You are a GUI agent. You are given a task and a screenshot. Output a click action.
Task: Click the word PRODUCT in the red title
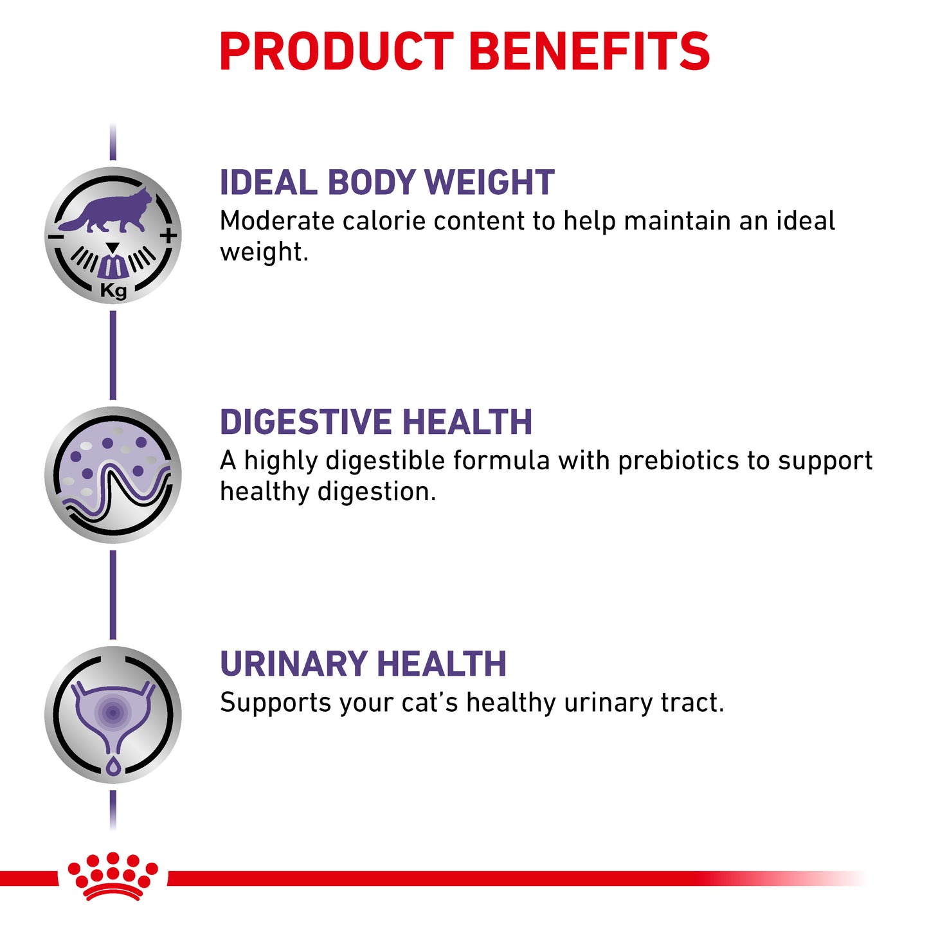(336, 51)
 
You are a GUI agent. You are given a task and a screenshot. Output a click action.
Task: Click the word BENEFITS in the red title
(589, 51)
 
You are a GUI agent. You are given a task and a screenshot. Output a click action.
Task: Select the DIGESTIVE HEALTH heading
(376, 422)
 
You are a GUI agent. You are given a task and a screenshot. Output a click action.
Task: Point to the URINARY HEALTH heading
(363, 663)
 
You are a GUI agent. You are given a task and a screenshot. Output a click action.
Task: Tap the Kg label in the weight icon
(113, 291)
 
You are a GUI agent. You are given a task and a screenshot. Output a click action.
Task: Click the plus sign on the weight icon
(168, 236)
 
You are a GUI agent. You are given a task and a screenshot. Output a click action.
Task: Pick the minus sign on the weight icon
(55, 237)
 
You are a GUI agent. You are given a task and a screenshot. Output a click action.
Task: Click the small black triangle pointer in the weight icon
(113, 248)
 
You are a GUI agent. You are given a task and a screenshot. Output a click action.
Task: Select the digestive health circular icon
(113, 475)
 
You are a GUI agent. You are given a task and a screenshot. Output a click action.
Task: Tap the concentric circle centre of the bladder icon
(113, 712)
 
